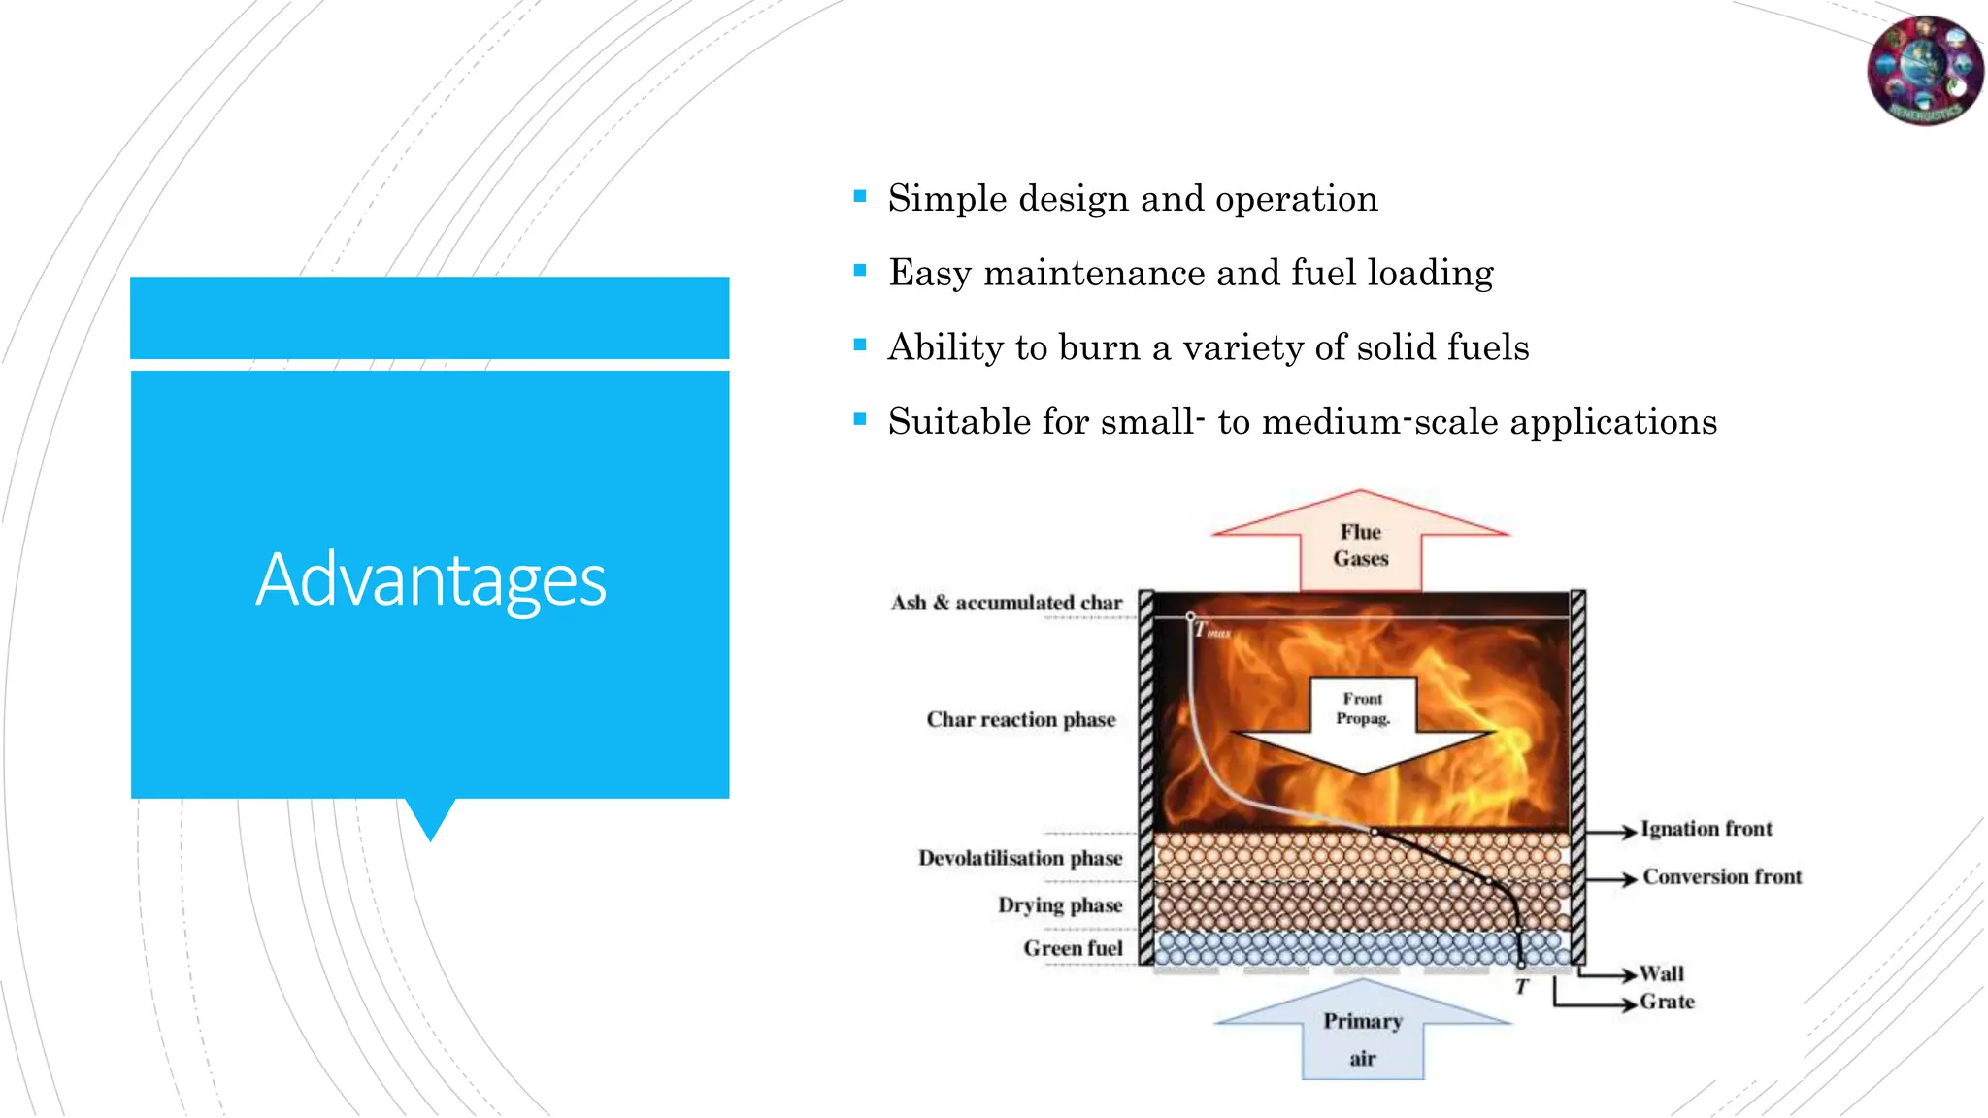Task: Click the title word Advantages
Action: (431, 579)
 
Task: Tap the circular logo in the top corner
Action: (1925, 71)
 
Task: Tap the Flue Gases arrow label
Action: (1361, 545)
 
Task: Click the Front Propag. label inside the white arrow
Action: (1363, 708)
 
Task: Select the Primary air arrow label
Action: (1363, 1038)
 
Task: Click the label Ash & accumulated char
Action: (1007, 603)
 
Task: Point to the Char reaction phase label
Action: (1021, 720)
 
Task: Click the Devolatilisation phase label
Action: (1020, 858)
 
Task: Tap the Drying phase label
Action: (1060, 905)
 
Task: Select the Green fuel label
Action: (1073, 948)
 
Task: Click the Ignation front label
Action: (1706, 829)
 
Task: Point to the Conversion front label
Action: (1722, 877)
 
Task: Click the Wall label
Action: (1662, 973)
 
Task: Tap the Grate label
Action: (1667, 1002)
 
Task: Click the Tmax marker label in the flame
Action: (1211, 631)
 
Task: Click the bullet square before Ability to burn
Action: (860, 345)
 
